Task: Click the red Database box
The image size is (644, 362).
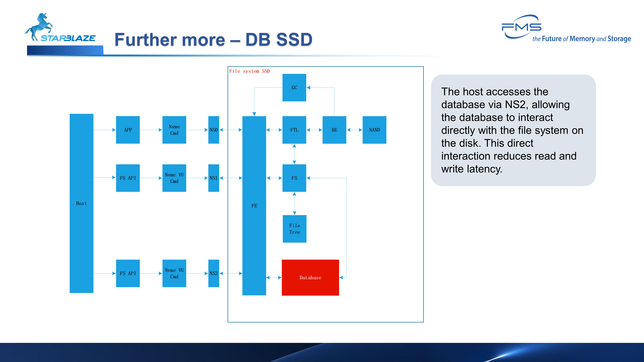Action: tap(310, 278)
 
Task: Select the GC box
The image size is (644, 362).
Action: tap(294, 87)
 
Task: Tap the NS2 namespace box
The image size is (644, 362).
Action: tap(214, 273)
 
